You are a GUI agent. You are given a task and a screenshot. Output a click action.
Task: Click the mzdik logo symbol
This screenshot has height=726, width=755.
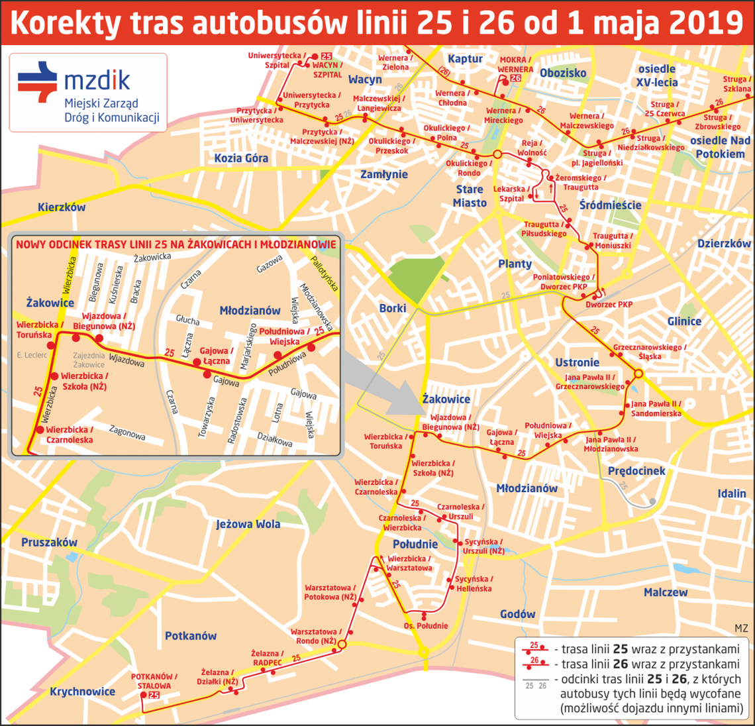tap(38, 81)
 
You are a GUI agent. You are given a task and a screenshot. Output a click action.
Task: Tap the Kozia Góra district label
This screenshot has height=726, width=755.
tap(241, 158)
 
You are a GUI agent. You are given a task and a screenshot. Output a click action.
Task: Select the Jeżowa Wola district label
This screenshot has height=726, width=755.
tap(248, 524)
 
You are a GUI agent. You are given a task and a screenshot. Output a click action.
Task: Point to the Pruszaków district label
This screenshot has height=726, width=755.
tap(49, 543)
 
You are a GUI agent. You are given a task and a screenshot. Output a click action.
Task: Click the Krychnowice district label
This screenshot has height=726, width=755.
tap(82, 692)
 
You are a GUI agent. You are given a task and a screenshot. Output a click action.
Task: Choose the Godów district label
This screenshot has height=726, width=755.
tap(517, 614)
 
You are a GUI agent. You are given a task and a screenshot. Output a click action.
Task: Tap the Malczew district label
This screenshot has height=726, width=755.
tap(665, 592)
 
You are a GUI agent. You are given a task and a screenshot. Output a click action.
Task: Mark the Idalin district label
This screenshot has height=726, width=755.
tap(731, 493)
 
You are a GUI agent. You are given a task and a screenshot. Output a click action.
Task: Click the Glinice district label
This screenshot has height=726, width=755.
tap(684, 321)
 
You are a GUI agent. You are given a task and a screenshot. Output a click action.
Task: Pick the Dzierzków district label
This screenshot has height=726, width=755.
tap(724, 243)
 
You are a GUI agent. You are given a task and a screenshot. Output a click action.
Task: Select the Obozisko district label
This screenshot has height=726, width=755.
tap(563, 73)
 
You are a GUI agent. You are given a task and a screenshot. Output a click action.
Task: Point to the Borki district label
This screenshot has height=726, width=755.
tap(393, 308)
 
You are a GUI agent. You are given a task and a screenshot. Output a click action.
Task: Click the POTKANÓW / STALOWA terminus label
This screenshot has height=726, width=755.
tap(154, 681)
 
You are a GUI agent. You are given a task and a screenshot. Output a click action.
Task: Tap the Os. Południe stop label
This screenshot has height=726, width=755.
tap(426, 626)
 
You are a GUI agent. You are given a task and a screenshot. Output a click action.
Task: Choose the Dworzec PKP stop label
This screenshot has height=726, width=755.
tap(609, 305)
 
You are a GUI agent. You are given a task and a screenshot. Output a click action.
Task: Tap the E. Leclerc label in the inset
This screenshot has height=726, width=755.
tap(32, 356)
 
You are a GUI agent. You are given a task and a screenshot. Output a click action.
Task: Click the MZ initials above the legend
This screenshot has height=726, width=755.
tap(740, 628)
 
